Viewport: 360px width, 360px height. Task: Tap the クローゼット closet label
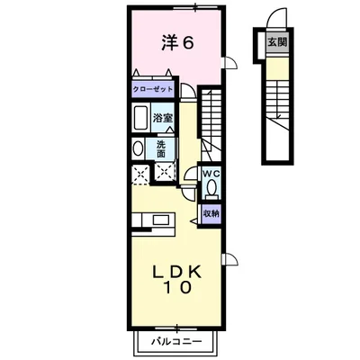point(154,90)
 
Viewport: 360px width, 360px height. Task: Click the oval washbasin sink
point(138,149)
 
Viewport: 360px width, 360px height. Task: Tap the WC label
point(211,173)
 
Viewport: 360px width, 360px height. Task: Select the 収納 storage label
point(211,213)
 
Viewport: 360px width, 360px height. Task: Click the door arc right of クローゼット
point(188,91)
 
